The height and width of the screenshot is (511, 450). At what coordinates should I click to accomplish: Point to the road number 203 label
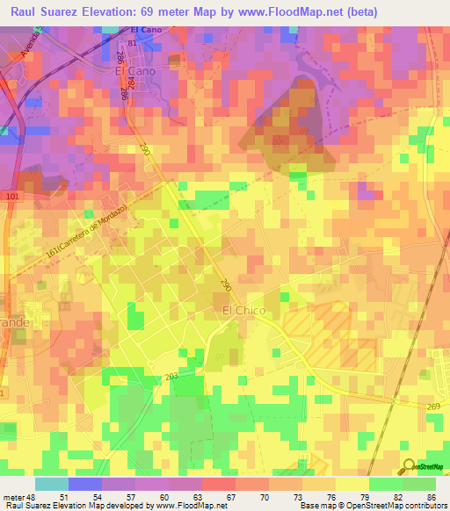point(171,376)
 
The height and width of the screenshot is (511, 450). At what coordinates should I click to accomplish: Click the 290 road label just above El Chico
point(226,285)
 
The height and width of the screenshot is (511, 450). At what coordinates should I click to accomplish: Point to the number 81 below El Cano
point(133,43)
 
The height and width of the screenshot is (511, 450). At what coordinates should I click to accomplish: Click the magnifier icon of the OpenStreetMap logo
point(410,466)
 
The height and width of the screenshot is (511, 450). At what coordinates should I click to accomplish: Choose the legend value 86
point(430,496)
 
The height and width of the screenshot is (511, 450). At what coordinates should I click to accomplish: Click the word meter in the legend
point(14,496)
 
